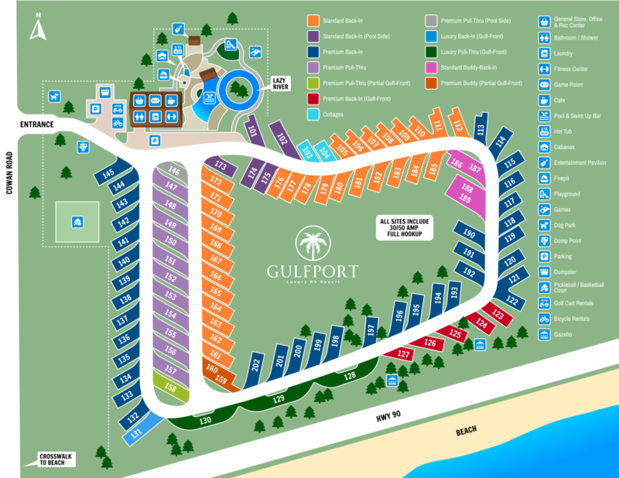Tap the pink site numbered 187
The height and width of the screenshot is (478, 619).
474,169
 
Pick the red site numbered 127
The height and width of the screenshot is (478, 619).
402,353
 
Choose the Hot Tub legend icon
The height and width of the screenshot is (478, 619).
545,131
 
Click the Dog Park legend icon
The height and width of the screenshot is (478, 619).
545,224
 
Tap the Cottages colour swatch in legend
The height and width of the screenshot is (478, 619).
313,114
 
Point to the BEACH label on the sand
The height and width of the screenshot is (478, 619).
466,430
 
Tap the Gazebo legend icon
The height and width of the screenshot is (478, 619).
545,333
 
